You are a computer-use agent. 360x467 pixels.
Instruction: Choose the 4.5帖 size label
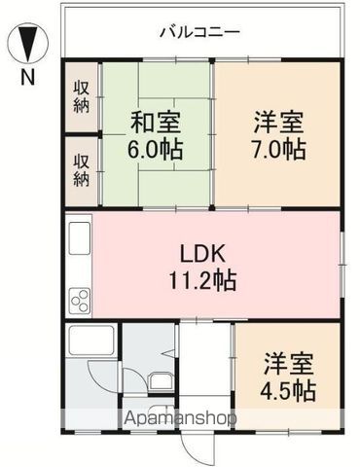point(289,390)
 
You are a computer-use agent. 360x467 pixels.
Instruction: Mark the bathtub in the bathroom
point(93,343)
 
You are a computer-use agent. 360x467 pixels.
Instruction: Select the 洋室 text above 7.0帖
point(279,123)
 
